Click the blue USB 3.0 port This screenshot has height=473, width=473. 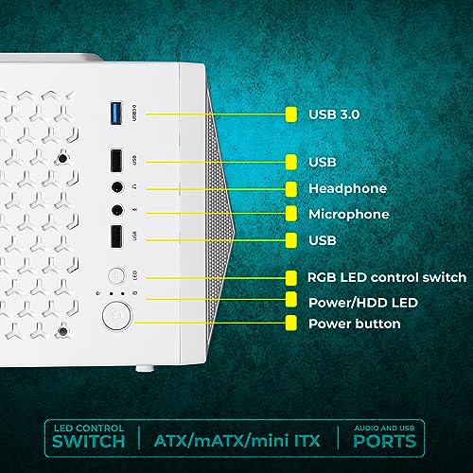tap(116, 114)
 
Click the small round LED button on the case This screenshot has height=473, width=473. tap(116, 276)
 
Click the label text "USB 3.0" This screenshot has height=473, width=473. tap(334, 114)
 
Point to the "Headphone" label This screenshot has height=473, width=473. tap(347, 188)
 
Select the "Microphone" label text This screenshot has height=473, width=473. tap(349, 214)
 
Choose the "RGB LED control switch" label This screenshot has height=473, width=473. tap(387, 277)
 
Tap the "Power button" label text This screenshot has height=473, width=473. tap(354, 324)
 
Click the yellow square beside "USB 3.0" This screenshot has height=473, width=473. tap(291, 114)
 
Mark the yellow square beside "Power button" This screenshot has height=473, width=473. tap(291, 324)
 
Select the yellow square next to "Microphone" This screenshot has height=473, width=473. tap(291, 214)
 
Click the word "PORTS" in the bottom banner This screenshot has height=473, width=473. tap(381, 442)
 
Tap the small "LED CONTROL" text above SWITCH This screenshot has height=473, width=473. tap(87, 427)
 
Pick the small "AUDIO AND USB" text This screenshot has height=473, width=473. tap(381, 427)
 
